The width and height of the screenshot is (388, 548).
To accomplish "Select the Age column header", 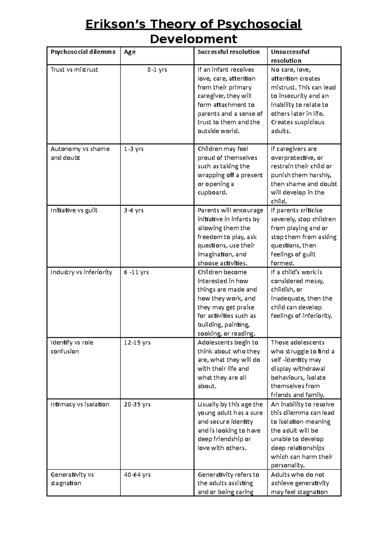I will pos(130,52).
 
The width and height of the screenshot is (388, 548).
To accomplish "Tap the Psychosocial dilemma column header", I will pos(83,52).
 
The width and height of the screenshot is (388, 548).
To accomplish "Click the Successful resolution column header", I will pos(229,52).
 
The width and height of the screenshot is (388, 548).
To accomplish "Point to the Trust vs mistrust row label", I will pos(74,70).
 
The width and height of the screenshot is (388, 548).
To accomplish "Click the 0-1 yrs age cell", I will pos(157,70).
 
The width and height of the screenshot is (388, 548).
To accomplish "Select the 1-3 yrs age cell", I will pos(134,149).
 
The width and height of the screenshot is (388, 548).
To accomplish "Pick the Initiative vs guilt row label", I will pos(74,210).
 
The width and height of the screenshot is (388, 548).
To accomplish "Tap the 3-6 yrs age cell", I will pos(134,210).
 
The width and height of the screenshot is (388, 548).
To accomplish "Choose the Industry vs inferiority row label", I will pos(81,272).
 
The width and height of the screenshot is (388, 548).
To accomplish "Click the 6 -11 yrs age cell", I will pos(136,272).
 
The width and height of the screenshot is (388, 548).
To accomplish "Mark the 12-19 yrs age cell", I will pos(137,343).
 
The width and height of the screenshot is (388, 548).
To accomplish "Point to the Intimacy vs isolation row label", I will pos(80,405).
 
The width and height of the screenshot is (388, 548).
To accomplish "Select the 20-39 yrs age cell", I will pos(137,405).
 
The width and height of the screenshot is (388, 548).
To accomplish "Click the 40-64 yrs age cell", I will pos(137,475).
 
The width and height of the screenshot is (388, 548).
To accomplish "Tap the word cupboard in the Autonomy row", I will pos(212,193).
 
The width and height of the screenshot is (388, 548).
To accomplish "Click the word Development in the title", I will pos(194,39).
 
